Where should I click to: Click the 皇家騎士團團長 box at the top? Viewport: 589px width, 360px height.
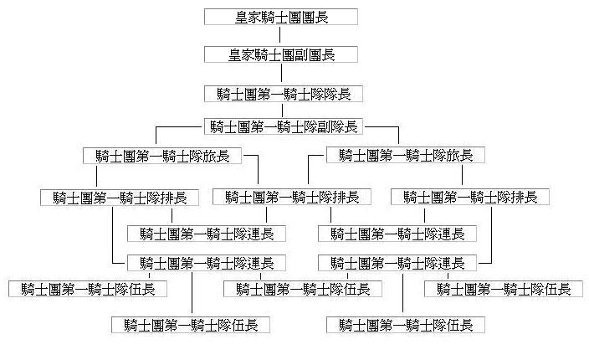(281, 17)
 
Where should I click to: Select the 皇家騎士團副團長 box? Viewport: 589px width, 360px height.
(281, 54)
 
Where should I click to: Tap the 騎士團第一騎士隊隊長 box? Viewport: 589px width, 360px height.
(281, 93)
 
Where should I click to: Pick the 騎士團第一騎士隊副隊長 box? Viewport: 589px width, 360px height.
(283, 127)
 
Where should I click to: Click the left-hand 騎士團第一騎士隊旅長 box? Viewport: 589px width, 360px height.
(163, 155)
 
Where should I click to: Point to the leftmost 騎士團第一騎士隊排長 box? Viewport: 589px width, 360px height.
(120, 198)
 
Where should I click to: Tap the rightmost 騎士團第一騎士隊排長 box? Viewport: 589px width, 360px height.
(470, 198)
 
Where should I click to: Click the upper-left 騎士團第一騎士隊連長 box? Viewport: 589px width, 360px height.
(207, 234)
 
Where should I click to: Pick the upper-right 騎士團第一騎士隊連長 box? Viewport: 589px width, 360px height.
(397, 234)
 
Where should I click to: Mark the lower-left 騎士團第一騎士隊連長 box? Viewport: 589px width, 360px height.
(207, 263)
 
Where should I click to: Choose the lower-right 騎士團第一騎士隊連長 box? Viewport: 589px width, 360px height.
(397, 263)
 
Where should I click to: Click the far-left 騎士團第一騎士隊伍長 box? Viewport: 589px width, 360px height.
(88, 289)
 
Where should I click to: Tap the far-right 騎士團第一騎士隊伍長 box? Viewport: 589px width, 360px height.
(504, 289)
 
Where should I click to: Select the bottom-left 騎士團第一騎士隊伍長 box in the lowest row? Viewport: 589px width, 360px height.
(191, 325)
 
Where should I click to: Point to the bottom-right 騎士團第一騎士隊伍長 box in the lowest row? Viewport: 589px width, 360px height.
(405, 325)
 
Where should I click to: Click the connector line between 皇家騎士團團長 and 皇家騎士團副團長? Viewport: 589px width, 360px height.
(281, 35)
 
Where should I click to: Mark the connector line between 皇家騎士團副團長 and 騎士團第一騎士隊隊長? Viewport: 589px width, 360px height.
(281, 74)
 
